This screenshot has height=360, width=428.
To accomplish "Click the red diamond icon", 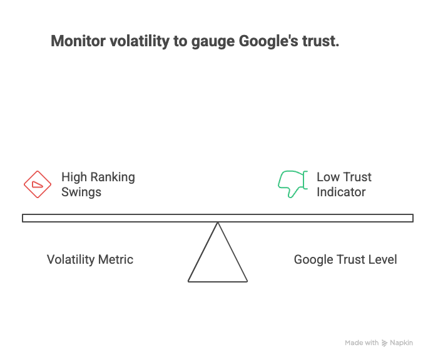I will click(38, 184).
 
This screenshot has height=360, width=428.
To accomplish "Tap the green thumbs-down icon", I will click(292, 184).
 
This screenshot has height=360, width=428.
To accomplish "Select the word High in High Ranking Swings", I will click(74, 177).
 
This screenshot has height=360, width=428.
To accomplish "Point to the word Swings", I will click(81, 192).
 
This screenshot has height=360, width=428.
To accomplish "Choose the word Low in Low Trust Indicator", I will click(327, 177).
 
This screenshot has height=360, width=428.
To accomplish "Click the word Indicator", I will click(341, 192).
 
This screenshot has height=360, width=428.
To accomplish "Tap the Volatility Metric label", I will click(90, 259).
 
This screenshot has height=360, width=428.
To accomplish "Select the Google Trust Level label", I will click(345, 259).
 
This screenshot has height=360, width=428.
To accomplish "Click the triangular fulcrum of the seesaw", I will click(218, 259).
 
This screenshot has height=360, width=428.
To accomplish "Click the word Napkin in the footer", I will click(402, 343).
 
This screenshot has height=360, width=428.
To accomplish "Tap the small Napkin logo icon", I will click(384, 343).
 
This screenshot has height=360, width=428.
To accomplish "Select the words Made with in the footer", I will click(362, 343).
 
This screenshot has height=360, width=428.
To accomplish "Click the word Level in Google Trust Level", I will click(382, 259).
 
